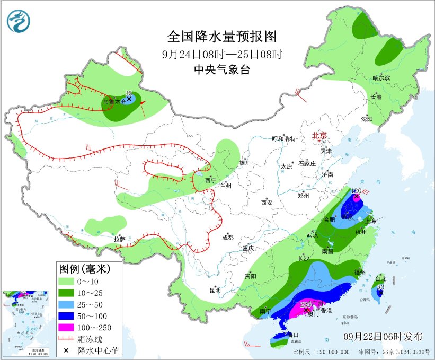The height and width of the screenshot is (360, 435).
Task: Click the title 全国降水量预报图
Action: (222, 37)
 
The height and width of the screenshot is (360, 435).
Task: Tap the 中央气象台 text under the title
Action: (222, 70)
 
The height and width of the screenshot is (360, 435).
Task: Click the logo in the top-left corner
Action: (19, 21)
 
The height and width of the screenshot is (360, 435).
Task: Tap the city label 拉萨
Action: (120, 239)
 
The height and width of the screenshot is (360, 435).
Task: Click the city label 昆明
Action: (215, 289)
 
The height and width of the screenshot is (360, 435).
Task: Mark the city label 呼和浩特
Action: (283, 138)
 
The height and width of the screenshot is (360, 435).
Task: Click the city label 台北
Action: (380, 278)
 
